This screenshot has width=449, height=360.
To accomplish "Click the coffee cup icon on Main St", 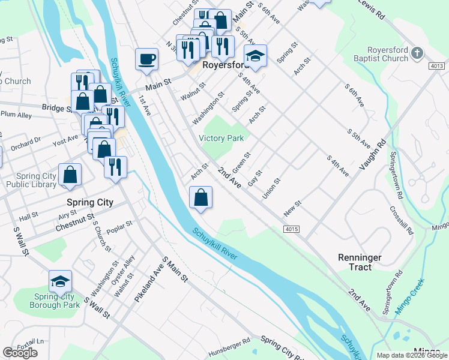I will (x=147, y=59).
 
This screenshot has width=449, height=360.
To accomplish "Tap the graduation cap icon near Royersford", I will (x=255, y=56).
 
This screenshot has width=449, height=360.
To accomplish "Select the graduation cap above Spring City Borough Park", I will (x=60, y=281).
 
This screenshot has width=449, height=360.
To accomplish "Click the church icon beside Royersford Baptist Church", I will (x=418, y=55).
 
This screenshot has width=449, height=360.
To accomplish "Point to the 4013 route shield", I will (x=437, y=65).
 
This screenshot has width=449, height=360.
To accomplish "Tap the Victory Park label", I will (x=221, y=138).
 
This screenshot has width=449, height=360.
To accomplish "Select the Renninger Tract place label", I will (x=359, y=262).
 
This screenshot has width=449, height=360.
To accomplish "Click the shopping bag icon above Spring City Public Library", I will (x=70, y=175).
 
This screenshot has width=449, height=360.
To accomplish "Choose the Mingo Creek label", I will (x=409, y=296).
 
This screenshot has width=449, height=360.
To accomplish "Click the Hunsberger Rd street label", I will (x=229, y=347).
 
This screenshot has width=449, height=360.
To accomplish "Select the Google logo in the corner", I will (x=20, y=353).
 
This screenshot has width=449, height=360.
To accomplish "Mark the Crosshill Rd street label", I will (x=401, y=220).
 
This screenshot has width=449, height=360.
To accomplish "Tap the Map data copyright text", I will (x=411, y=355).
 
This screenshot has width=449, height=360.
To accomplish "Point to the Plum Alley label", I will (x=16, y=114).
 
